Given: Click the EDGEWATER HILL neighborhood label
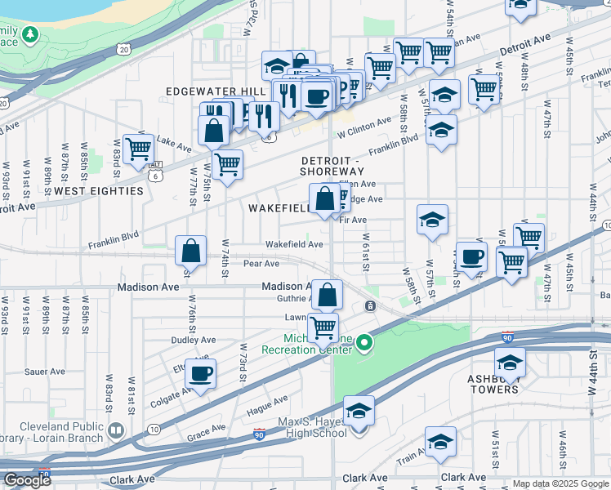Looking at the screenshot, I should click(x=216, y=91).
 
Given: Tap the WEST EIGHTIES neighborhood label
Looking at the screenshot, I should click(x=99, y=190).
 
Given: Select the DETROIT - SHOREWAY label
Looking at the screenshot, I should click(x=332, y=166).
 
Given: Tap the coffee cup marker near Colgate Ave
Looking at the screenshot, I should click(x=200, y=375).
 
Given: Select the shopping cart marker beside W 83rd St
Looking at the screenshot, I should click(x=139, y=149).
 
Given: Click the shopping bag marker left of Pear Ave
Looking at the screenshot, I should click(x=190, y=250).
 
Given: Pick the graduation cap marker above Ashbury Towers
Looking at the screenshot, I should click(x=510, y=363).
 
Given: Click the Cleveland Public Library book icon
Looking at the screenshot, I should click(x=116, y=430).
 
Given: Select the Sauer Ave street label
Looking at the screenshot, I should click(x=46, y=371).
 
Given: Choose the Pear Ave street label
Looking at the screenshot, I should click(x=261, y=264).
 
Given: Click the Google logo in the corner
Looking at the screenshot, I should click(x=27, y=480).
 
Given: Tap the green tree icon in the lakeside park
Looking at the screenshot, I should click(x=30, y=34).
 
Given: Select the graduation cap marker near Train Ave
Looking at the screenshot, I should click(x=440, y=441).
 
